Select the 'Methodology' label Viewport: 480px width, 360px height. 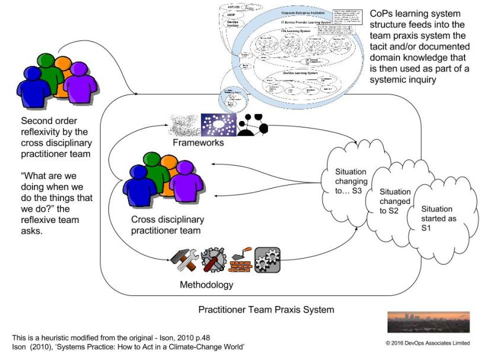(x=206, y=285)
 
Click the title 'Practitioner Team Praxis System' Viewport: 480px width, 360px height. (x=266, y=310)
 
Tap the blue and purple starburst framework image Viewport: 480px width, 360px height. (x=218, y=125)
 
